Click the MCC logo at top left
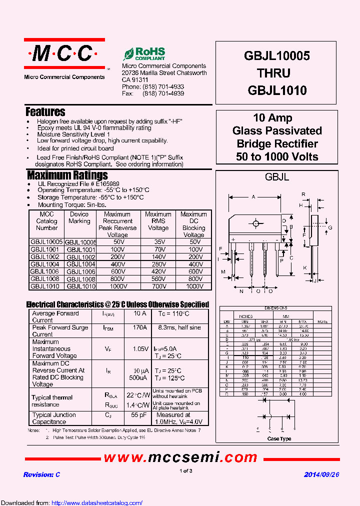pyautogui.click(x=64, y=53)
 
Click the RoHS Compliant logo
pyautogui.click(x=144, y=54)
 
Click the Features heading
pyautogui.click(x=45, y=112)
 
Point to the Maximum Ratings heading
pyautogui.click(x=67, y=175)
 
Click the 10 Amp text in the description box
pyautogui.click(x=272, y=118)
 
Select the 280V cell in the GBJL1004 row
pyautogui.click(x=158, y=264)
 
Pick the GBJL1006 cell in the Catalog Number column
pyautogui.click(x=46, y=271)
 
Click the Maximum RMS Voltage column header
pyautogui.click(x=158, y=221)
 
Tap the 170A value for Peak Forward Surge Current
pyautogui.click(x=139, y=327)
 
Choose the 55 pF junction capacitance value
pyautogui.click(x=139, y=415)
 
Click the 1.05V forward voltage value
pyautogui.click(x=139, y=348)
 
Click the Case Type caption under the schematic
pyautogui.click(x=279, y=439)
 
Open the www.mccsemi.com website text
pyautogui.click(x=180, y=457)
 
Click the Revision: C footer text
pyautogui.click(x=41, y=474)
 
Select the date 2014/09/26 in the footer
pyautogui.click(x=321, y=474)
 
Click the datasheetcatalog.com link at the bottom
pyautogui.click(x=97, y=503)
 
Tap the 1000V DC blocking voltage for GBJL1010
pyautogui.click(x=193, y=286)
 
